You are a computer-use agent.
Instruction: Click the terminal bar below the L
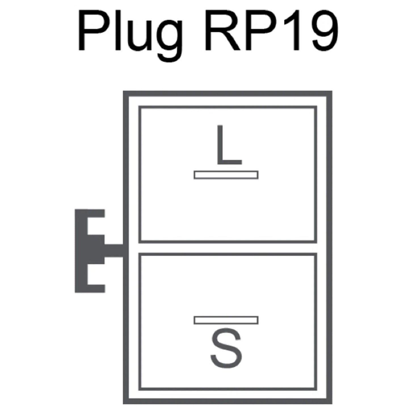[226, 175]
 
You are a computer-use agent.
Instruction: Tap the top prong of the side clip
[96, 213]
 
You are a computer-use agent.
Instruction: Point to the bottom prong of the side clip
[96, 289]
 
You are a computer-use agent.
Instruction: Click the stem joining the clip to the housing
[114, 251]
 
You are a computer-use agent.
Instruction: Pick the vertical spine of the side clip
[81, 251]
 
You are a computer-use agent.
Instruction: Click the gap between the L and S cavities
[228, 248]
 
